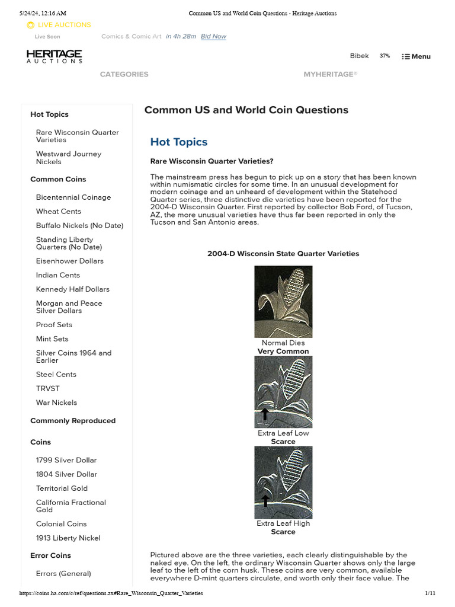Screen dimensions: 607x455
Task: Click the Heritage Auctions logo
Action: (54, 56)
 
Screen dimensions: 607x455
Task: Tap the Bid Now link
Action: (213, 36)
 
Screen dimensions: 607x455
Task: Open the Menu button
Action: (416, 56)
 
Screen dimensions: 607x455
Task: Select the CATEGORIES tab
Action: (124, 74)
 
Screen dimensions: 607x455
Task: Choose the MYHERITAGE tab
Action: (330, 74)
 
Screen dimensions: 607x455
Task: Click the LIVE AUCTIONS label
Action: (64, 25)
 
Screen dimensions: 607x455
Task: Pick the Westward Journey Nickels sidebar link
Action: (68, 158)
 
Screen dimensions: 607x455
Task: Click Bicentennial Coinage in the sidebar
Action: (73, 197)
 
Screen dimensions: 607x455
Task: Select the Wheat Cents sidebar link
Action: (58, 212)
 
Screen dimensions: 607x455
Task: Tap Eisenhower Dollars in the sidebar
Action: (69, 261)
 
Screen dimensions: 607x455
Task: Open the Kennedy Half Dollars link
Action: (72, 289)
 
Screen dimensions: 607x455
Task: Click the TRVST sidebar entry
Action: (47, 388)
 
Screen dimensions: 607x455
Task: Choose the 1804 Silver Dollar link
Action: (66, 474)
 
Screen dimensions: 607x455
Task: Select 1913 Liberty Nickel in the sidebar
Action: (68, 538)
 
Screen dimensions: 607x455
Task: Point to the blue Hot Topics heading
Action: (179, 142)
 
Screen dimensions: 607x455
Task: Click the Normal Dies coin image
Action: (283, 302)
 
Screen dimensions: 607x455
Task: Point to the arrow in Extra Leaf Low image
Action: (265, 413)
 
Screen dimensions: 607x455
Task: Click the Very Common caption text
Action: (283, 352)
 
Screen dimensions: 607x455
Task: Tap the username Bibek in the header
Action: (359, 56)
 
